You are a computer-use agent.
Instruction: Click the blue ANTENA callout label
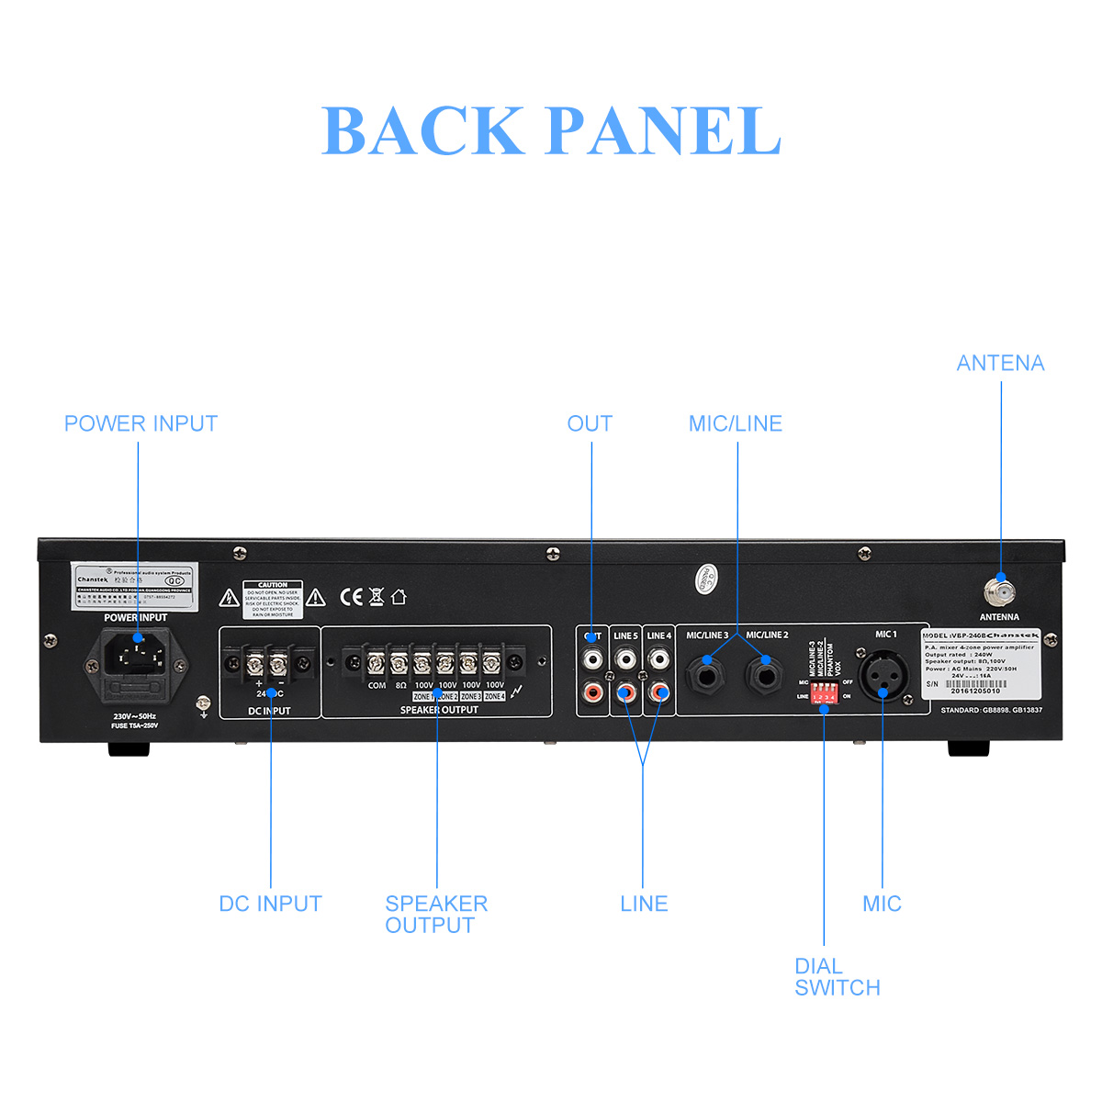[1000, 364]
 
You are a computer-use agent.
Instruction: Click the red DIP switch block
[824, 692]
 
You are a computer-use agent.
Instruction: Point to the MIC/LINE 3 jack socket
[708, 675]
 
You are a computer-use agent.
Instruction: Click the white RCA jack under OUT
[593, 659]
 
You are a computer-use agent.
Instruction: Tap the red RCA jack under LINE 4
[658, 692]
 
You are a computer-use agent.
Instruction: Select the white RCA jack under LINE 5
[626, 659]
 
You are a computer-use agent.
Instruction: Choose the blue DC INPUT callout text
[270, 904]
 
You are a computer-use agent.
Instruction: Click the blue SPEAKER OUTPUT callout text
[435, 915]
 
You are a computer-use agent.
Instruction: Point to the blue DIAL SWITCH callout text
[837, 977]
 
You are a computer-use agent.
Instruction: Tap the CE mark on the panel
[352, 597]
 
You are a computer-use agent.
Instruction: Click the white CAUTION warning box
[272, 599]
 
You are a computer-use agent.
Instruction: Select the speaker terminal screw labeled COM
[376, 662]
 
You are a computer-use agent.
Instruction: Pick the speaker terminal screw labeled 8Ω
[399, 662]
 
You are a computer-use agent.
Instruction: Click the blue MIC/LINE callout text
[735, 423]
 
